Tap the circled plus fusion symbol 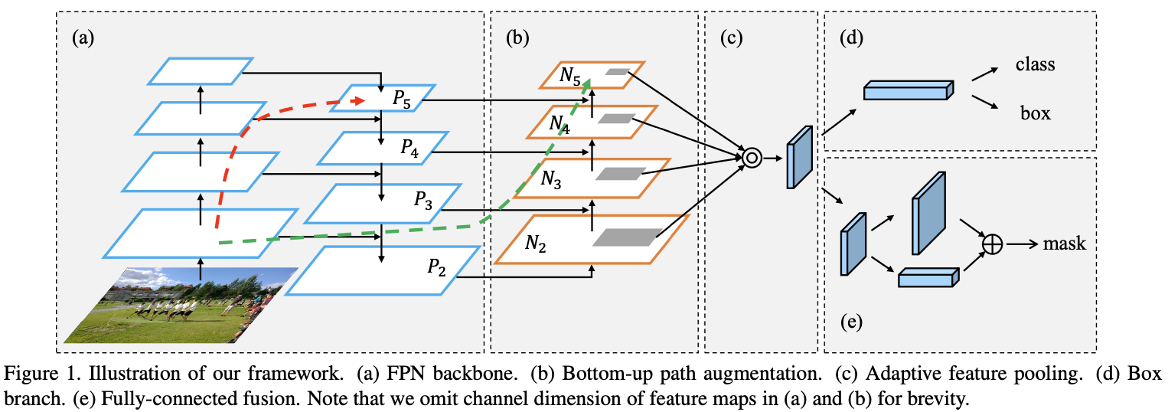(992, 244)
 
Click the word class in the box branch (1035, 64)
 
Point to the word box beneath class (1035, 114)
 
